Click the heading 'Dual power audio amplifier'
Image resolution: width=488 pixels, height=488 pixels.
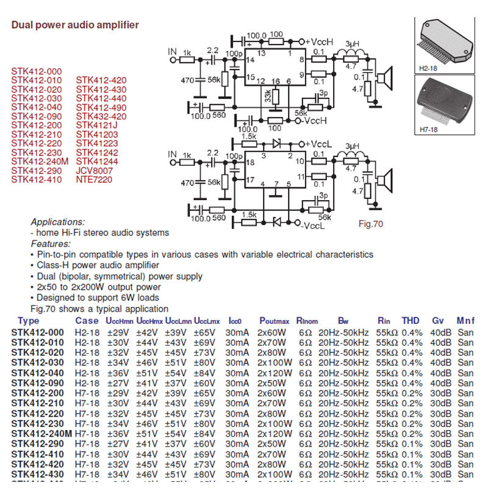pos(75,25)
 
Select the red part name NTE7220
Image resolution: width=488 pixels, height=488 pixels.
pos(95,180)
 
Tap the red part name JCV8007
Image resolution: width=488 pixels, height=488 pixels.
pos(95,171)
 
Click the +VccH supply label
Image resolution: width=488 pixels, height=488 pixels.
pos(320,41)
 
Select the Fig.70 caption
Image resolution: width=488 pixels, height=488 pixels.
pos(370,224)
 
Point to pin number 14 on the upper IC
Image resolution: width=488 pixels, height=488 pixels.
pos(250,60)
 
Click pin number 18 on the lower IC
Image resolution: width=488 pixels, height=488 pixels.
pos(250,162)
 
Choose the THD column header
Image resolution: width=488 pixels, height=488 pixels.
pos(411,321)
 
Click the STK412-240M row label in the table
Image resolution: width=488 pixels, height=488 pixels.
pos(40,433)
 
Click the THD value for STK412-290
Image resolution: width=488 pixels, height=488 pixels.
pos(412,443)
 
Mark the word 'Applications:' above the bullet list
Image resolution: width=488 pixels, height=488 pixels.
pos(58,222)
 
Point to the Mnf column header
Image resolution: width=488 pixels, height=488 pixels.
pos(465,321)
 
